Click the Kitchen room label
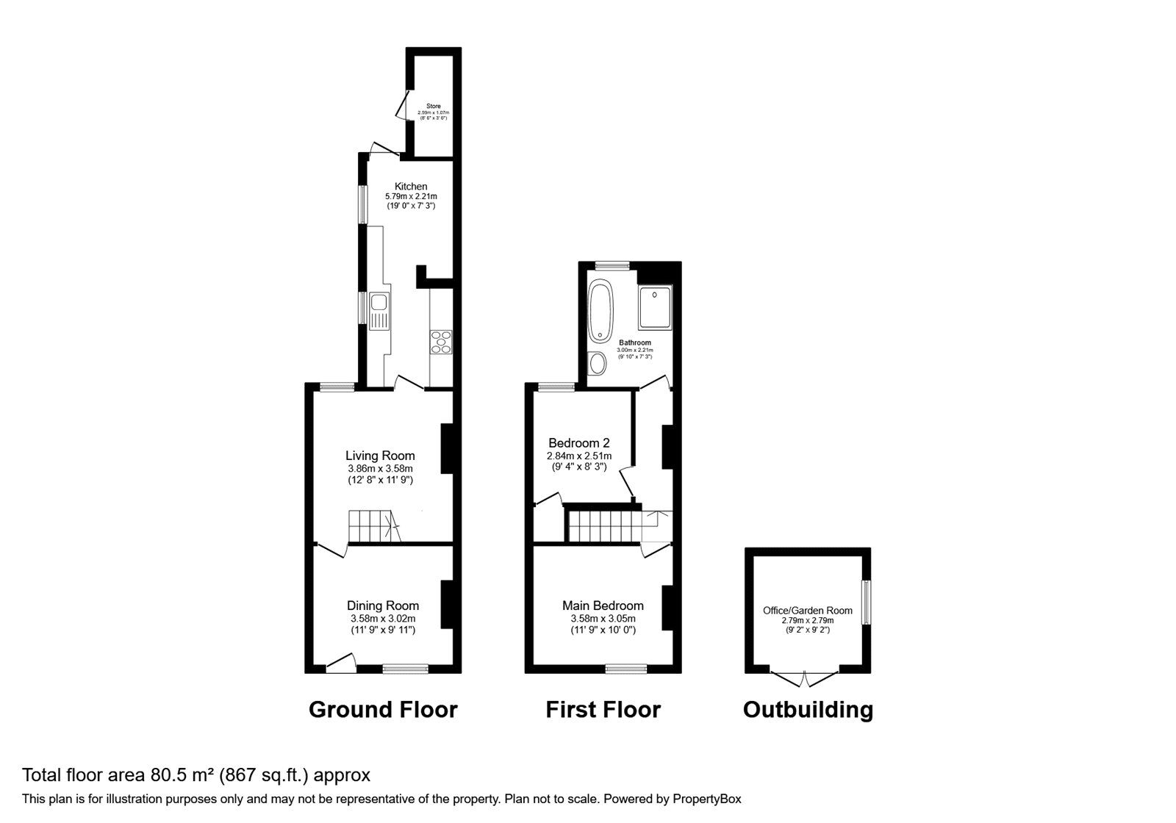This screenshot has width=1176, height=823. coord(410,187)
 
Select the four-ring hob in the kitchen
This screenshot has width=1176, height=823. coord(441,342)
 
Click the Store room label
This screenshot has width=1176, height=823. coord(433,107)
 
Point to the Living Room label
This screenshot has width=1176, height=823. coord(380,456)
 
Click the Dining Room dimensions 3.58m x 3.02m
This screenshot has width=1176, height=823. coord(383,619)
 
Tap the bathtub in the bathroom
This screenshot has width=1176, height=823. coord(600,312)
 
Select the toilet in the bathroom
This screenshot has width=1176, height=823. coord(597,362)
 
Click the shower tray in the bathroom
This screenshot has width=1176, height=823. coord(653,307)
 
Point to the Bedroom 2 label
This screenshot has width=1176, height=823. coord(578,443)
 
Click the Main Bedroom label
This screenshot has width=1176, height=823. coord(603,605)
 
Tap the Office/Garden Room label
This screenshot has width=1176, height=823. coord(808,611)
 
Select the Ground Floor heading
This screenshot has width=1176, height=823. coord(383,709)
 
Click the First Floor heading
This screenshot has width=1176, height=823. coord(603,709)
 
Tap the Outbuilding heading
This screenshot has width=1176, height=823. coord(808,709)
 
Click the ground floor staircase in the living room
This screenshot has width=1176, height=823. coord(373,526)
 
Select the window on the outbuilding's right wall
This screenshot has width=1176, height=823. coord(867,603)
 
